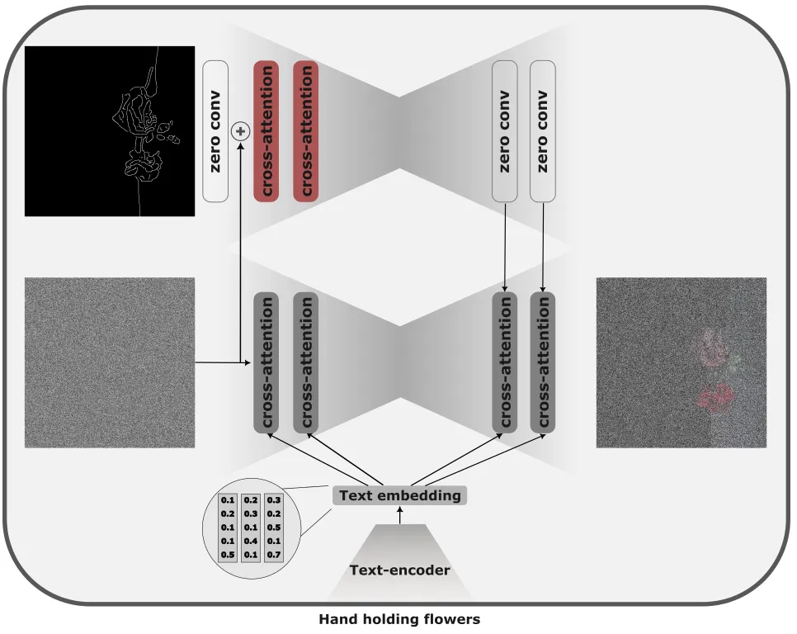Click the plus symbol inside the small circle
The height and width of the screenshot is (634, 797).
(x=240, y=130)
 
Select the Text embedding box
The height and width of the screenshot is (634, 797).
(x=400, y=495)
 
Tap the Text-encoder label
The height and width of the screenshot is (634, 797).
(x=400, y=570)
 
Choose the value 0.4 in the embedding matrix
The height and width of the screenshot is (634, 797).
(x=251, y=541)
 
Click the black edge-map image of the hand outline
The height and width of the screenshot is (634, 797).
(x=110, y=130)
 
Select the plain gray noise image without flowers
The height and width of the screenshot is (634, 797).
(x=110, y=362)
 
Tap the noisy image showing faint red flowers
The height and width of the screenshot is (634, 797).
(x=681, y=362)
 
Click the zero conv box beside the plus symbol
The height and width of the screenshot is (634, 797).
(x=215, y=130)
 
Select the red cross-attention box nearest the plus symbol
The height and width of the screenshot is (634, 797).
(x=266, y=130)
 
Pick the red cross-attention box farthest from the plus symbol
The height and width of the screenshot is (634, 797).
(x=305, y=130)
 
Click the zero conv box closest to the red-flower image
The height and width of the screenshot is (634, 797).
(x=542, y=130)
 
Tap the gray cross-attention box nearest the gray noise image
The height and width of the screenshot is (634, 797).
(x=266, y=362)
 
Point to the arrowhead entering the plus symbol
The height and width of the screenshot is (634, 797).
(x=240, y=144)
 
